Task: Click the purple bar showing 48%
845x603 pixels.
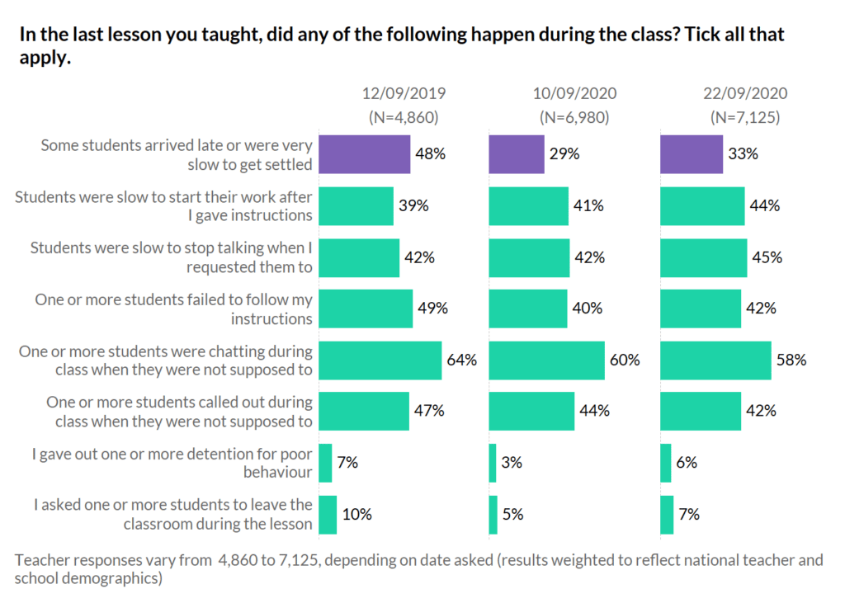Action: pos(364,154)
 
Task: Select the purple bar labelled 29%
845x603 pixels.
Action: pos(517,154)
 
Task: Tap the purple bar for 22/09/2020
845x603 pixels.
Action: pos(692,154)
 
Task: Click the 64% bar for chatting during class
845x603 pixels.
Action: pos(380,360)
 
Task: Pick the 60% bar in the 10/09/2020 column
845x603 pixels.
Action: pos(547,360)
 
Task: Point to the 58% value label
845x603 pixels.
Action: pos(791,360)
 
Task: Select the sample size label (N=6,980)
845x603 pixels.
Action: pos(574,117)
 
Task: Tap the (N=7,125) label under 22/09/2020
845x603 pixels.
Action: pos(745,117)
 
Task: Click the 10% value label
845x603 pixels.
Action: pos(356,514)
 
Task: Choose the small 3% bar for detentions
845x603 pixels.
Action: pos(493,463)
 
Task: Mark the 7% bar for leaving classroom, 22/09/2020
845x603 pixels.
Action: pos(667,514)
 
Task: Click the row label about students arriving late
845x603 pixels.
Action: pos(177,154)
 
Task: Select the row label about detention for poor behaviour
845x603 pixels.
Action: pos(172,463)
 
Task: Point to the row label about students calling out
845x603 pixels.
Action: pos(179,412)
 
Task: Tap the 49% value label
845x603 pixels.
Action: pos(432,309)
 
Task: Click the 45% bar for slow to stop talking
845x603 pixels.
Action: pos(703,257)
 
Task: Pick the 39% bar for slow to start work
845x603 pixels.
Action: pos(356,206)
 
